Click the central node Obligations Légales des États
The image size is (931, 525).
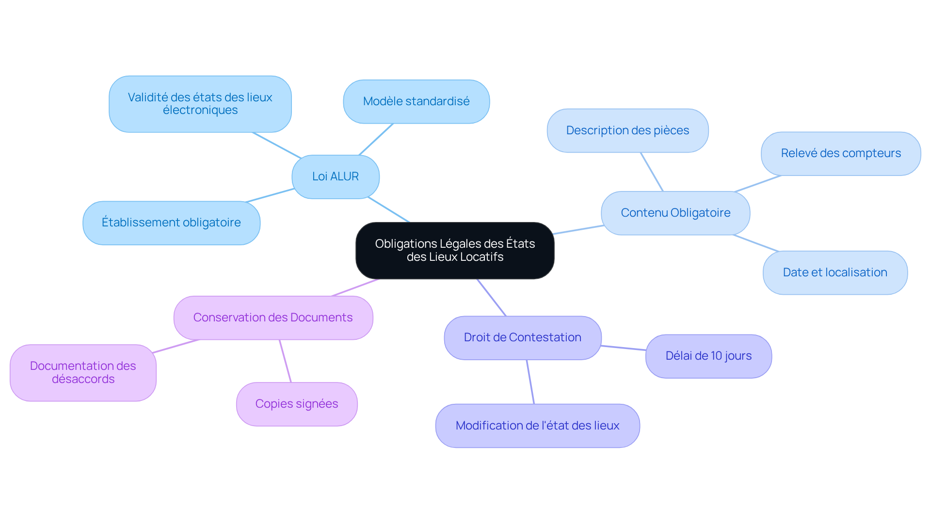pyautogui.click(x=455, y=250)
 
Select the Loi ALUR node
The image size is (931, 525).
pyautogui.click(x=336, y=176)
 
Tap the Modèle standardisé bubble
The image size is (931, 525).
pyautogui.click(x=416, y=101)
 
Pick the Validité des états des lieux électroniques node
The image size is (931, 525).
pyautogui.click(x=200, y=104)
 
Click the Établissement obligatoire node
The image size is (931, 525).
pyautogui.click(x=171, y=223)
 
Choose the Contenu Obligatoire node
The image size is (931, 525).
pyautogui.click(x=675, y=213)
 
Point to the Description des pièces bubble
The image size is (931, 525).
pyautogui.click(x=627, y=130)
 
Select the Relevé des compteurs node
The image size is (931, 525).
pyautogui.click(x=840, y=153)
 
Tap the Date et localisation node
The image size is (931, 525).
pyautogui.click(x=835, y=272)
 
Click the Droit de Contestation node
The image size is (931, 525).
pyautogui.click(x=522, y=337)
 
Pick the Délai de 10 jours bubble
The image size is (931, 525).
pyautogui.click(x=708, y=356)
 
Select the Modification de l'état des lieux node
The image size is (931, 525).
pyautogui.click(x=537, y=426)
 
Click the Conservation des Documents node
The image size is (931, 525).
pyautogui.click(x=273, y=318)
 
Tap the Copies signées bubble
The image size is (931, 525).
pyautogui.click(x=297, y=404)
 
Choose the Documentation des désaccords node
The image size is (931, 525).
pyautogui.click(x=83, y=372)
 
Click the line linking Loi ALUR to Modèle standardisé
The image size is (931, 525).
pyautogui.click(x=376, y=140)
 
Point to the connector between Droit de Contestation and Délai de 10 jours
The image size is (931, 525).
pyautogui.click(x=624, y=348)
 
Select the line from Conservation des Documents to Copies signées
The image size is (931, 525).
pyautogui.click(x=285, y=361)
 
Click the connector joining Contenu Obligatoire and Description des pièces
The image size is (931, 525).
pyautogui.click(x=652, y=172)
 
